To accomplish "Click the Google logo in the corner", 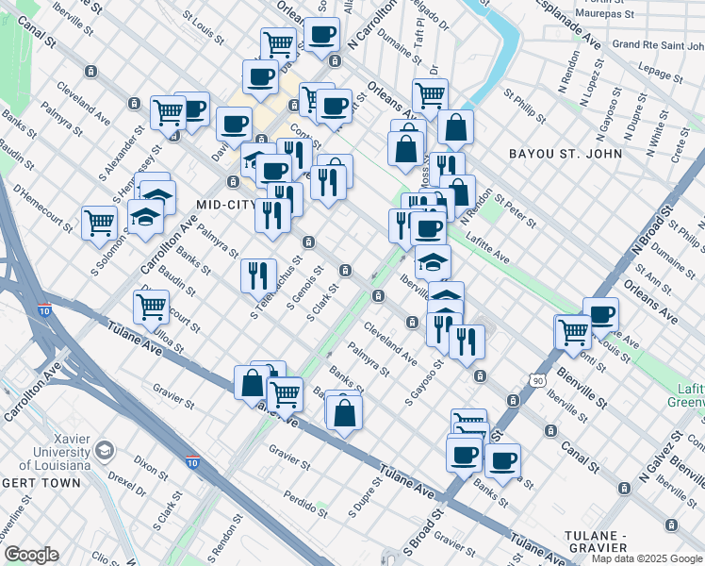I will pos(31,555).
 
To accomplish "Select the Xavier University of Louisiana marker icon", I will pos(104,451).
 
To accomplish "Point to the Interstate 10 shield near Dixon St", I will pos(192,463).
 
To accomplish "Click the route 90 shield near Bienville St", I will pos(536,379).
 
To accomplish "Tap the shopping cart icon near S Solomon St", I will pos(99,224).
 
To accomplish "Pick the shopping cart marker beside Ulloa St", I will pos(151,306).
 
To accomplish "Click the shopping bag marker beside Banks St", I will pos(346,411).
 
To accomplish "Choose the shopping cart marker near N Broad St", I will pos(572,332).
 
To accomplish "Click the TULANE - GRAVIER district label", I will pos(596,540).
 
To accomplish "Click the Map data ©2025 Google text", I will pos(647,558).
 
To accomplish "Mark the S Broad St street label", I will pos(423,533).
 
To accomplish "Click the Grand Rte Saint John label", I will pos(654,44).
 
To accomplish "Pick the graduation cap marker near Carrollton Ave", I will pos(145,217).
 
